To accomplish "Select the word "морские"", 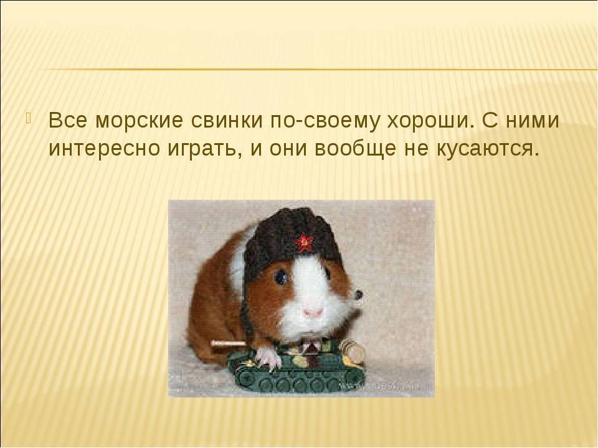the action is tap(140, 120).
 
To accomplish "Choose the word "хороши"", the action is tap(430, 121).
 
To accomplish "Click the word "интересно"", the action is tap(105, 149).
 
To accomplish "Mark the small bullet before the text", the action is tap(30, 118).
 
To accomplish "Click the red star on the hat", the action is tap(304, 241).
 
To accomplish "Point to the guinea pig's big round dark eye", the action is tap(282, 277).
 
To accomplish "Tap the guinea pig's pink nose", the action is tap(313, 312).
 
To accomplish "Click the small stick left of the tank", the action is tap(229, 343).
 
